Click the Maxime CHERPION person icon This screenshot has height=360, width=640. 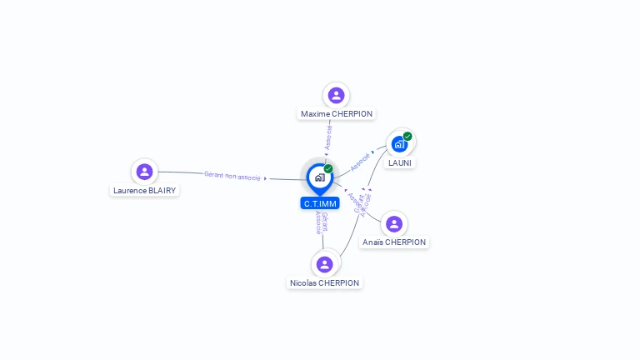coord(336,95)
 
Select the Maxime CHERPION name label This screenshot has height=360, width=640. coord(336,113)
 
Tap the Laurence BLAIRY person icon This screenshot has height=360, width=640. coord(144,172)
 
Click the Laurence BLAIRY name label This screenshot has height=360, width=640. coord(145,190)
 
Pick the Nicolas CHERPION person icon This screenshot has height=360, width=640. coord(325,264)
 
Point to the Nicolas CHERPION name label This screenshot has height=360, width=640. coord(325,282)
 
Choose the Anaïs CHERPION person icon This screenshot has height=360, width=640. coord(394,223)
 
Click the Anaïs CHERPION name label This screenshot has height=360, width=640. coord(394,242)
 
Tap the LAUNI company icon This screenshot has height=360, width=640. coord(400,144)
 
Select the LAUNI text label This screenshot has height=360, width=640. coord(401,162)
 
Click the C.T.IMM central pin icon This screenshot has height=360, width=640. coord(319,177)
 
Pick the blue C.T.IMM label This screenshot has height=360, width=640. coord(320,202)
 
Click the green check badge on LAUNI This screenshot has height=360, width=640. coord(407,136)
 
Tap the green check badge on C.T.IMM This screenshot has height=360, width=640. coord(328,168)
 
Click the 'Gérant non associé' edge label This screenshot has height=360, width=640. coord(232,176)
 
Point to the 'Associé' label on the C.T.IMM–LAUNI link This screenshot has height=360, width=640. coord(360,161)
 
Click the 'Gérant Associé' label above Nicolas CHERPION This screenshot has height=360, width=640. coord(321,222)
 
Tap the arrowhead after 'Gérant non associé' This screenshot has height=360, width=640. coord(265,178)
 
